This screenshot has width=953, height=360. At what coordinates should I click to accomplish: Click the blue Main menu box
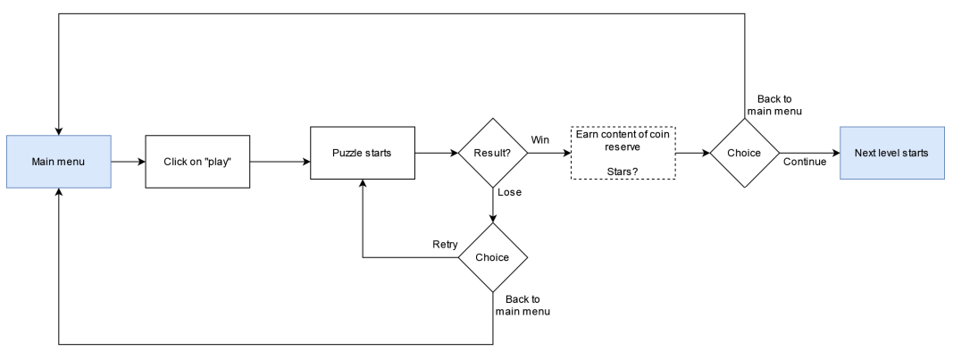click(59, 162)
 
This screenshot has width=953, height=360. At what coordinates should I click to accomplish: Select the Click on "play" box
click(197, 162)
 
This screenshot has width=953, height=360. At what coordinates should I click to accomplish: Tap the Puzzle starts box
click(362, 153)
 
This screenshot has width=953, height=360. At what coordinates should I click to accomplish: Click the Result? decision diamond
click(492, 153)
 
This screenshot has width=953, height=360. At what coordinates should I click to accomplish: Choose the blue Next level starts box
click(891, 153)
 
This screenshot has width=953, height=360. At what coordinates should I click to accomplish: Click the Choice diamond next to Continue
click(744, 153)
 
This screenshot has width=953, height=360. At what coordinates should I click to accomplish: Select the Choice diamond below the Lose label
click(492, 257)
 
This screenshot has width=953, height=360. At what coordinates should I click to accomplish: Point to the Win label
click(540, 139)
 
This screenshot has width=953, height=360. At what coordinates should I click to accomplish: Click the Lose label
click(509, 192)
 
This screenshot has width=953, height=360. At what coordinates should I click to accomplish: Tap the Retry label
click(446, 244)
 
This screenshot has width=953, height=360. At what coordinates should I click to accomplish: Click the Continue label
click(803, 162)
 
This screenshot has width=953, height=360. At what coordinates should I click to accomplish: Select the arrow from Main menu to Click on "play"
click(128, 162)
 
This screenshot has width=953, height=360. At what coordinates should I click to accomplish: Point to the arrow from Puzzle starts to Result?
click(436, 153)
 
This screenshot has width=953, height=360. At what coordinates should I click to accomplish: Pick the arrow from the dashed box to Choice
click(692, 153)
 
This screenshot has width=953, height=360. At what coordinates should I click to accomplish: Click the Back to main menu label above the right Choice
click(773, 105)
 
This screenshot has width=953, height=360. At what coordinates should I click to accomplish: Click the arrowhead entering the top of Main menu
click(59, 130)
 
